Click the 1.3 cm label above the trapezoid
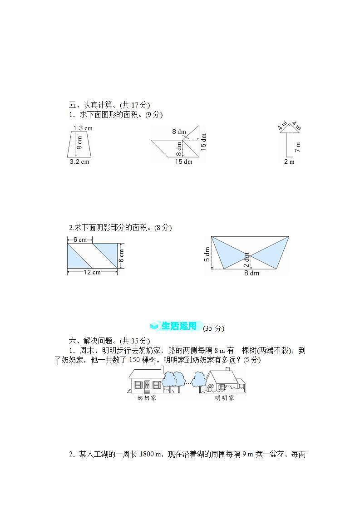(83, 128)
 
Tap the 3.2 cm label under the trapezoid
(79, 162)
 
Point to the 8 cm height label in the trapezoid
(79, 143)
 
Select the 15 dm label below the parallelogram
(183, 162)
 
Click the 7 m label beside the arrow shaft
(298, 147)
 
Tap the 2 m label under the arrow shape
(289, 162)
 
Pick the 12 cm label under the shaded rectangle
(92, 272)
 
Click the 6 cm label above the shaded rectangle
(80, 240)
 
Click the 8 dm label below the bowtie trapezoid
(252, 274)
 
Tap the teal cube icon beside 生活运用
(154, 326)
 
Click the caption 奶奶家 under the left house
(146, 398)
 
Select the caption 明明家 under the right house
(224, 398)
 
